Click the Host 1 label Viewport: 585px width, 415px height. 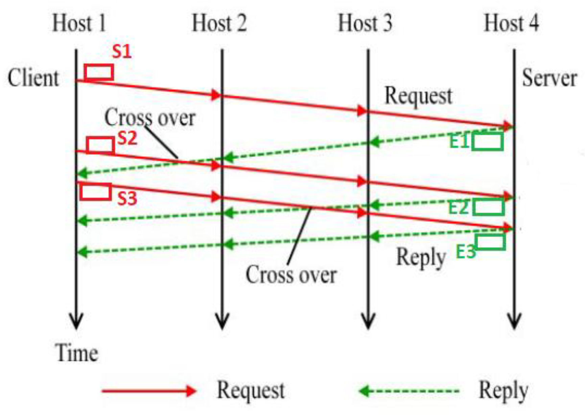click(x=79, y=24)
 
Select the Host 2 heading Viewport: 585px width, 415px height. click(x=219, y=24)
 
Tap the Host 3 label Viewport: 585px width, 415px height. click(x=365, y=24)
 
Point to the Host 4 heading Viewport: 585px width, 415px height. click(x=511, y=24)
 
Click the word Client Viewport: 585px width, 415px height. click(x=33, y=78)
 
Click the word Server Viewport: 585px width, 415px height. click(x=549, y=78)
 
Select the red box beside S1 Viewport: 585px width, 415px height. click(x=99, y=72)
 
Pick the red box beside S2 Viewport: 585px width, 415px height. click(x=100, y=145)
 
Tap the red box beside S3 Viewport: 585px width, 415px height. click(x=96, y=192)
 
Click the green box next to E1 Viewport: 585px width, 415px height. click(x=487, y=142)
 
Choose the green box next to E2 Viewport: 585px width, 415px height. click(x=488, y=207)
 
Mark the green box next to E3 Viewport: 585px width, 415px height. click(x=490, y=242)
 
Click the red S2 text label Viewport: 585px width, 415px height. click(x=127, y=138)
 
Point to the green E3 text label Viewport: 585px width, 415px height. click(x=466, y=251)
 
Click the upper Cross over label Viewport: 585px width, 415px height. click(x=150, y=118)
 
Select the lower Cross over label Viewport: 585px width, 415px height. click(x=291, y=274)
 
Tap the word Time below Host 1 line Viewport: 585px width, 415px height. click(x=77, y=353)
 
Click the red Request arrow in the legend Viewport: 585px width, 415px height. click(x=149, y=391)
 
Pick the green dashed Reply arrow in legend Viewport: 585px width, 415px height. click(x=409, y=391)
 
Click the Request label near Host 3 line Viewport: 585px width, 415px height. click(x=418, y=96)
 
